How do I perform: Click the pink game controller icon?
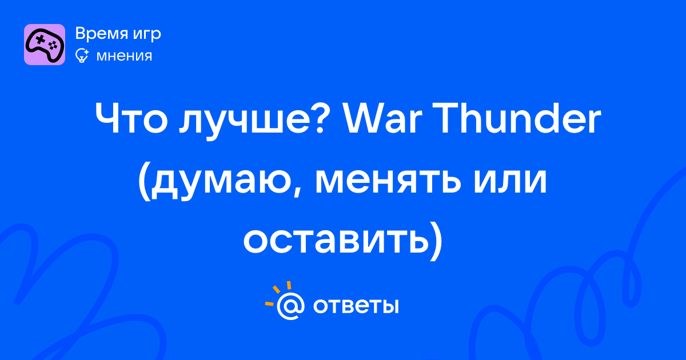pos(45,45)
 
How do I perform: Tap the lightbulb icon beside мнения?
pos(82,56)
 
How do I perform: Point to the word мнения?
pos(125,56)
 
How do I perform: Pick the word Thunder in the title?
pos(517,117)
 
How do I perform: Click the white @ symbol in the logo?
pos(290,306)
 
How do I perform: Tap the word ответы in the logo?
pos(356,306)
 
